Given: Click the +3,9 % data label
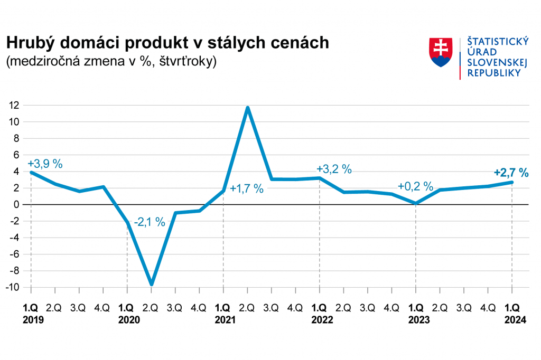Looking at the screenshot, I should point(45,164).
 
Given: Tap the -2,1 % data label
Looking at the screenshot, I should point(149,222).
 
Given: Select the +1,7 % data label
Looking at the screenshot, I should point(247,188).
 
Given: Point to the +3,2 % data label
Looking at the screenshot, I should point(334,169).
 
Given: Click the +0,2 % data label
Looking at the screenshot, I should point(415,186).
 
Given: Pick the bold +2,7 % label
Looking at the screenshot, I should point(511,172).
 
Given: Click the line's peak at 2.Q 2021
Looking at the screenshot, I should point(247,108).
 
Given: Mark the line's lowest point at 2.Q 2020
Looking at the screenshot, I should point(152,285).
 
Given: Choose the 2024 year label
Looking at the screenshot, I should point(512,320).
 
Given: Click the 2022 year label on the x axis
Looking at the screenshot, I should point(320,320).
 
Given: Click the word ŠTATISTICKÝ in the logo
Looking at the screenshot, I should point(495,42).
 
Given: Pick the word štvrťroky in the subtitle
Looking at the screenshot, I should point(188,61).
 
